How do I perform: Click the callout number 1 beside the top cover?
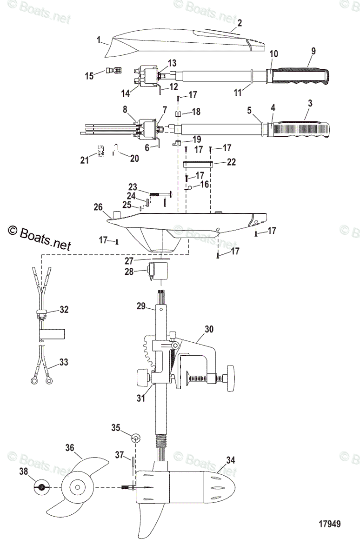[99, 40]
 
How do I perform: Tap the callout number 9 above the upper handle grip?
[313, 51]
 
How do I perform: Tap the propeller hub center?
[76, 487]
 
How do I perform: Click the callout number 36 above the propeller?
[70, 448]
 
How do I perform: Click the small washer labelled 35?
[135, 438]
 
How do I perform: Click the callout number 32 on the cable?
[64, 309]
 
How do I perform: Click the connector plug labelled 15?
[113, 71]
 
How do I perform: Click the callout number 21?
[84, 159]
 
